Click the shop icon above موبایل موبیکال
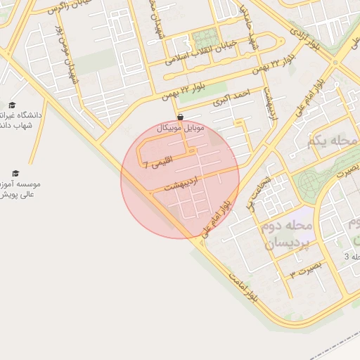pos(181,117)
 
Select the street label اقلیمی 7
pos(155,165)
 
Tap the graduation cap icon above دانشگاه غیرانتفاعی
pos(12,105)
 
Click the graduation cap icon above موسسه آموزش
pos(15,173)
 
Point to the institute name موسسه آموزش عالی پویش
pos(20,188)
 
